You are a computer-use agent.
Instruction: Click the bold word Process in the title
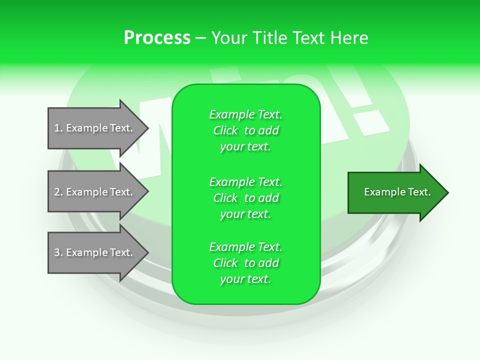pos(157,38)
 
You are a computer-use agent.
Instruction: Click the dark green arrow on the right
pos(395,192)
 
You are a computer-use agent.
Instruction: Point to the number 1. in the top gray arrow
pos(58,128)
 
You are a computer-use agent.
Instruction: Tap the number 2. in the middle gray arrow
pos(58,192)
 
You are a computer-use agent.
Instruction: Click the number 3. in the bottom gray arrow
pos(58,252)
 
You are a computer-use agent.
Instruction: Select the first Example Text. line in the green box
pos(245,114)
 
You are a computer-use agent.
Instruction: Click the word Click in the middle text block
pos(225,198)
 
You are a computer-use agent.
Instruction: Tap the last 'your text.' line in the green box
pos(245,279)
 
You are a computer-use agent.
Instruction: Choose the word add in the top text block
pos(268,130)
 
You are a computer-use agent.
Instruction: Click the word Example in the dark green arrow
pos(380,192)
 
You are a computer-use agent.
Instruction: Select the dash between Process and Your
pos(200,38)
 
